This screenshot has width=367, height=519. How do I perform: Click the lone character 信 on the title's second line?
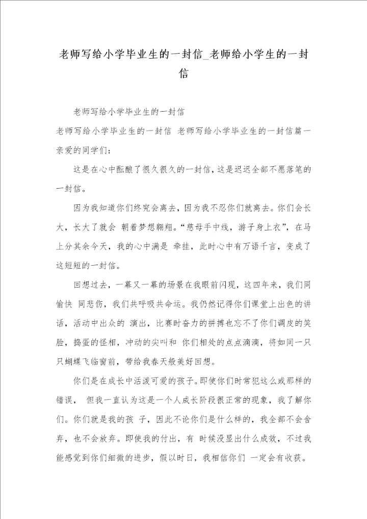click(x=183, y=74)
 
